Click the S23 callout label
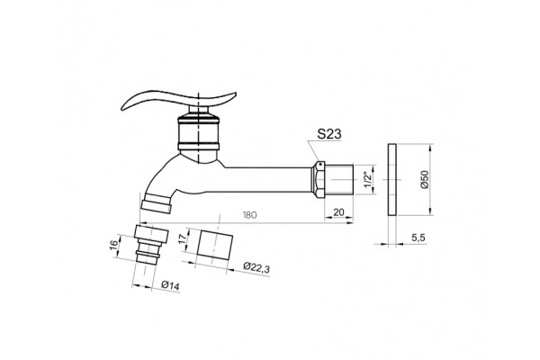(x=329, y=134)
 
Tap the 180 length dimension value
(x=249, y=215)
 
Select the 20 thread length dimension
(x=339, y=212)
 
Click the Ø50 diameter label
(x=424, y=179)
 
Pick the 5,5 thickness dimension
(x=418, y=238)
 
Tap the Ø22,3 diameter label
(x=256, y=267)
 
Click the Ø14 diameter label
(x=170, y=285)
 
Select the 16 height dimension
(x=114, y=245)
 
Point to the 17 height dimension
(x=183, y=238)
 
